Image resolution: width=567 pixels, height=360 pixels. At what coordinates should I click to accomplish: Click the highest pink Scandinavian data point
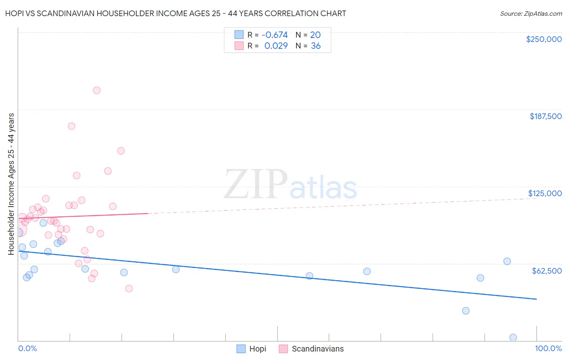(x=97, y=90)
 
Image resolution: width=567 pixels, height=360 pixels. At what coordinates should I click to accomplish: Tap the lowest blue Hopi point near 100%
(x=513, y=337)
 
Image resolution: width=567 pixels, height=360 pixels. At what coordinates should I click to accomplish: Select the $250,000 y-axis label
(x=544, y=39)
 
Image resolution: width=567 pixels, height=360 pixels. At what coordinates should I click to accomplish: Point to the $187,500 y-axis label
(x=545, y=116)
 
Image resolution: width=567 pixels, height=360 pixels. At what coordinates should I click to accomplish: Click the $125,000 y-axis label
(x=545, y=193)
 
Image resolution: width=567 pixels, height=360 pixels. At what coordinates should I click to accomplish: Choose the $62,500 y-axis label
(x=546, y=271)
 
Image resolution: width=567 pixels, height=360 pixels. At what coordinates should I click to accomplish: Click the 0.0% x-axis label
(x=27, y=348)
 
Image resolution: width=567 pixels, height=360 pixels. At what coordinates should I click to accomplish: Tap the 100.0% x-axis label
(x=548, y=348)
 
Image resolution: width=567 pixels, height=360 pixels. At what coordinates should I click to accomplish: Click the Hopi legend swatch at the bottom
(x=241, y=349)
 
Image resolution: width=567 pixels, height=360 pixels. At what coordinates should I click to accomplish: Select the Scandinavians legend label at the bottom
(x=318, y=349)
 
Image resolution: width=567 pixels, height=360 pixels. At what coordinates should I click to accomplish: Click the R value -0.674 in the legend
(x=275, y=35)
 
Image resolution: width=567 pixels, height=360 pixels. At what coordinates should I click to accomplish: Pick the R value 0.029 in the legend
(x=276, y=46)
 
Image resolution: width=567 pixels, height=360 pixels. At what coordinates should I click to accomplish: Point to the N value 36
(x=316, y=46)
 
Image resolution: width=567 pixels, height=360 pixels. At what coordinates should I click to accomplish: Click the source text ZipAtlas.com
(x=542, y=14)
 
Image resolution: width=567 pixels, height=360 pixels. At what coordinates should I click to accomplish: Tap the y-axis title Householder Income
(x=11, y=184)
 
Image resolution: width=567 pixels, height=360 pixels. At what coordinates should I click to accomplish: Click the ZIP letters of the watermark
(x=256, y=185)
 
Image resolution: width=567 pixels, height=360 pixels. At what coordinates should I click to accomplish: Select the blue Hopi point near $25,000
(x=466, y=311)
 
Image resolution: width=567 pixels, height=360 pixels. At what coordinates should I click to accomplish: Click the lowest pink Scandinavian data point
(x=129, y=289)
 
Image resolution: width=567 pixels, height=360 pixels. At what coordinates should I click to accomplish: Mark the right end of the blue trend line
(x=536, y=299)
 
